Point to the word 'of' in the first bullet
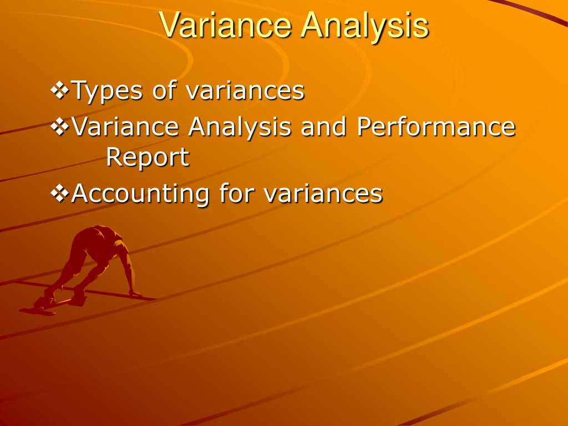click(164, 90)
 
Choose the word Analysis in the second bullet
click(240, 127)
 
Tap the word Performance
click(436, 127)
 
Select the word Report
click(148, 158)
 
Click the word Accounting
click(140, 194)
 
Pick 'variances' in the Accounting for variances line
click(323, 194)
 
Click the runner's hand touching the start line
click(135, 293)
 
